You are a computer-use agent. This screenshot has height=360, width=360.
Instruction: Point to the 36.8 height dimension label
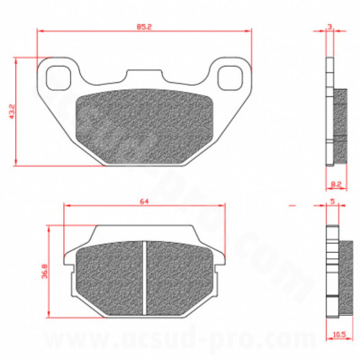[43, 269]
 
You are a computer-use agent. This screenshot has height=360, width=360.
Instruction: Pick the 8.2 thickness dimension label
[334, 181]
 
